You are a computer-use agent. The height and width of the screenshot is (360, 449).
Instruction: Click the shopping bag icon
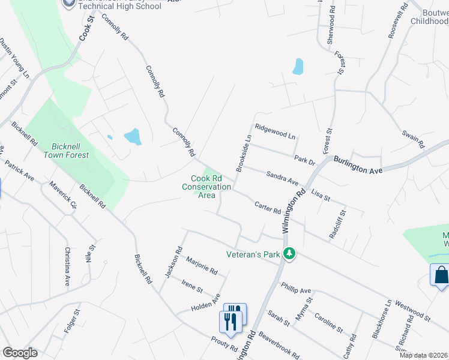click(441, 275)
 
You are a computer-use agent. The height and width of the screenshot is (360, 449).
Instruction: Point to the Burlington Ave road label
click(358, 166)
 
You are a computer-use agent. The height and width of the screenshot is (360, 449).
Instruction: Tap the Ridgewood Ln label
click(275, 131)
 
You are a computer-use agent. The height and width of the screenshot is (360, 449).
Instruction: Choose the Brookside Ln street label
click(243, 153)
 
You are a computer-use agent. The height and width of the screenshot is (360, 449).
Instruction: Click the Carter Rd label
click(268, 208)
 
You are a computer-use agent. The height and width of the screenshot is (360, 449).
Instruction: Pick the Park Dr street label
click(305, 160)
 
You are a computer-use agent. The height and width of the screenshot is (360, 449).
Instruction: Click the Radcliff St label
click(336, 224)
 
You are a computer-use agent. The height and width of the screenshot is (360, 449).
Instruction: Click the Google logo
click(20, 353)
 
